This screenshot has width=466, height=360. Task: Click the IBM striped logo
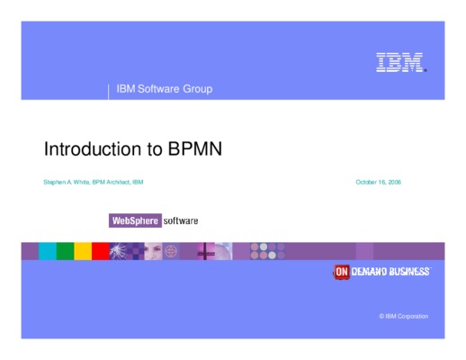click(x=401, y=62)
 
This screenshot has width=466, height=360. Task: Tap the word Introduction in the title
click(x=93, y=148)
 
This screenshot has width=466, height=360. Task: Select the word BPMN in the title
click(x=195, y=148)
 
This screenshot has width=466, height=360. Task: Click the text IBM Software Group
click(x=165, y=89)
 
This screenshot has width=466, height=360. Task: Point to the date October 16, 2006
click(x=378, y=182)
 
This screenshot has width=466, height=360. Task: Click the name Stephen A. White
click(x=67, y=182)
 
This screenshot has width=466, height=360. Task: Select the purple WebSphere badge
click(x=135, y=220)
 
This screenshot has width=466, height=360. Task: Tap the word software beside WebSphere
click(x=181, y=221)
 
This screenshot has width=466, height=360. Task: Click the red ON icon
click(x=342, y=272)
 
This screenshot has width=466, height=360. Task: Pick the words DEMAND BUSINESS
click(x=390, y=272)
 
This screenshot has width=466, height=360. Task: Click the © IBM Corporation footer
click(x=404, y=316)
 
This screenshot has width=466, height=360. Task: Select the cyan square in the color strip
click(x=48, y=251)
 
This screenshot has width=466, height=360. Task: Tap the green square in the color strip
click(x=65, y=251)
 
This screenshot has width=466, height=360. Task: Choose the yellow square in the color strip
click(x=83, y=251)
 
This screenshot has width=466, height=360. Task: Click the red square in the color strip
click(x=101, y=251)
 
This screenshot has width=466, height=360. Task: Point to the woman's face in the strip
click(x=153, y=251)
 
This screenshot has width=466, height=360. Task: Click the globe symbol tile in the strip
click(x=171, y=251)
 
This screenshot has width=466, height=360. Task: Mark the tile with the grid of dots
click(x=268, y=251)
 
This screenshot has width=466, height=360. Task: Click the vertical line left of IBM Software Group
click(x=108, y=92)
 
